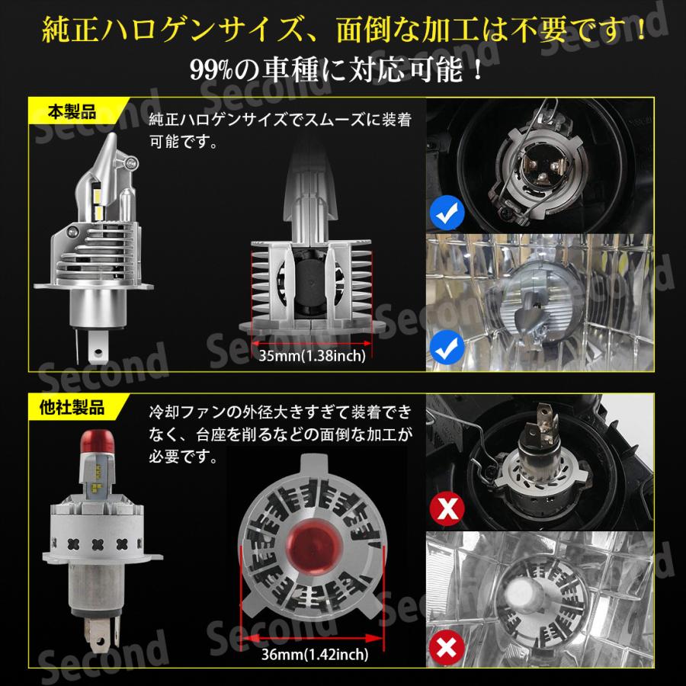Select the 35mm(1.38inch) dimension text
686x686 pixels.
[x=313, y=355]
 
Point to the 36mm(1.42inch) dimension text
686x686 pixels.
[x=314, y=652]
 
